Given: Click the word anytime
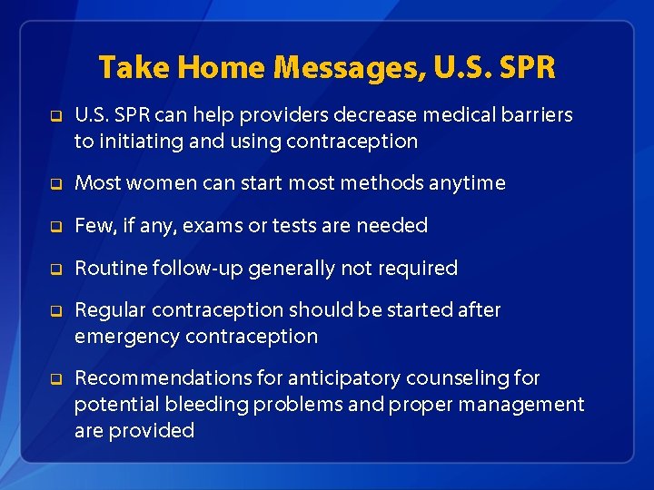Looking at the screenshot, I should coord(467,183).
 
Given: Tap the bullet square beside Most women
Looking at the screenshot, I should coord(55,184).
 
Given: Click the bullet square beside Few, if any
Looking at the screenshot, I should coord(55,227).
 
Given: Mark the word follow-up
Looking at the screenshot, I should coord(202,269).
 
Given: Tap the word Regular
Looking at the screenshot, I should coord(111,310).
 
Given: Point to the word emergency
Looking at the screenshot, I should coord(127,337).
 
